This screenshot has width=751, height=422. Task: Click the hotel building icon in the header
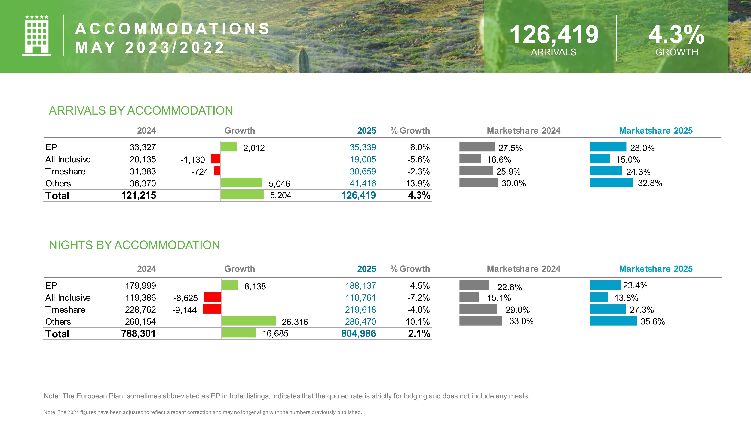37,35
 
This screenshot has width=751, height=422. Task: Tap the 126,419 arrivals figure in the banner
554,35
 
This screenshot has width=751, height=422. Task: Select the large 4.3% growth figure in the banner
676,35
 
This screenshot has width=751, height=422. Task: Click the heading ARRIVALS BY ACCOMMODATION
141,111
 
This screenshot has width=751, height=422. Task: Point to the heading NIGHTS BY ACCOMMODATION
134,245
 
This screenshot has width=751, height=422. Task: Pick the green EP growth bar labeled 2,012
229,147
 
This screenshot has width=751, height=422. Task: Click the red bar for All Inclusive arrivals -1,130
216,159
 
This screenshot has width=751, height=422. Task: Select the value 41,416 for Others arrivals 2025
363,183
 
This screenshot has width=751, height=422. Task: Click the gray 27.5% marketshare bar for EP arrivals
477,147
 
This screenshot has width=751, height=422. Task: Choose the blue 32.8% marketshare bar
611,183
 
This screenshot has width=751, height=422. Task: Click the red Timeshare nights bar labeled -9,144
212,309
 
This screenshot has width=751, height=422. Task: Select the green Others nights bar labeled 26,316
249,321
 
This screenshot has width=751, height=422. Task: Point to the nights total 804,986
359,333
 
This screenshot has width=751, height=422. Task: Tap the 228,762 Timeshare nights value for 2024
140,310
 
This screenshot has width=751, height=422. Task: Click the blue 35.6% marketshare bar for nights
613,321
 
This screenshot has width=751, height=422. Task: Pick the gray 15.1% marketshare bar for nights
469,297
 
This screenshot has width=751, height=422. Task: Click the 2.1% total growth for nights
419,333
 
